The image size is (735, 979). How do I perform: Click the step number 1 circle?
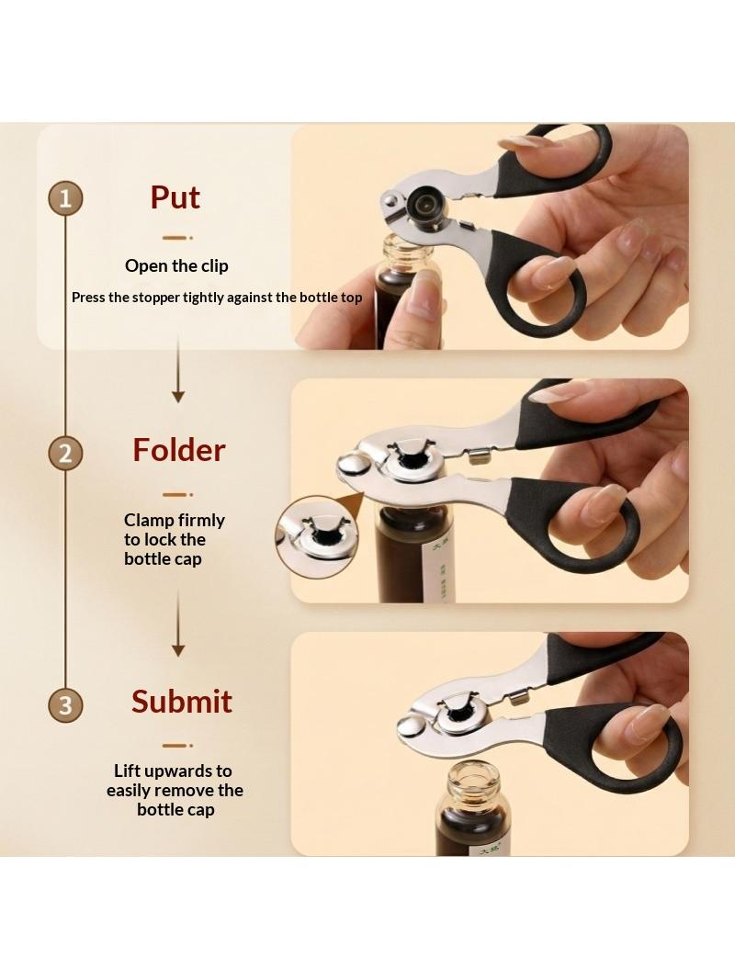tap(65, 198)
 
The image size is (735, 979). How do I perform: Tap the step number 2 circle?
tap(65, 453)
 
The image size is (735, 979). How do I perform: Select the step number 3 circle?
tap(65, 704)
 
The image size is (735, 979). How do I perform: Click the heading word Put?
tap(175, 197)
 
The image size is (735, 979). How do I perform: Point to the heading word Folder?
tap(178, 449)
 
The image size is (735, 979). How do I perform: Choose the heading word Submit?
tap(181, 701)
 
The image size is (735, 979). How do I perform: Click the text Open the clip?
tap(176, 266)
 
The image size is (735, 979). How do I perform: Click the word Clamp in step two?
tap(149, 521)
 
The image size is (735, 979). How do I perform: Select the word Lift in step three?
tap(128, 771)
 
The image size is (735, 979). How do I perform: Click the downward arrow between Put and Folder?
tap(178, 369)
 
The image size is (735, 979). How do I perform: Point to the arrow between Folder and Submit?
tap(178, 623)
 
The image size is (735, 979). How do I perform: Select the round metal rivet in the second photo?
tap(354, 465)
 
